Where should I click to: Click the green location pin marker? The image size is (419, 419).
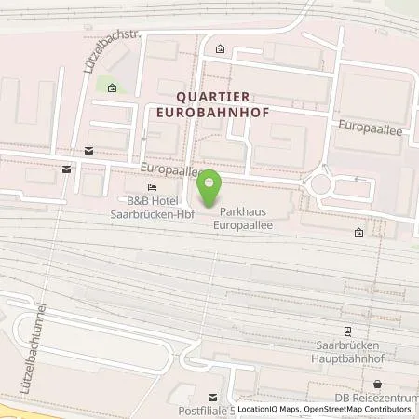point(210,190)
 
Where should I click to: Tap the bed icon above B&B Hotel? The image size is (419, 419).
point(152,186)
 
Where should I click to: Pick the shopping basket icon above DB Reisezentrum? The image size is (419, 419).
point(377,384)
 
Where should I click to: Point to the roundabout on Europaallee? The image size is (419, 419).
point(320,182)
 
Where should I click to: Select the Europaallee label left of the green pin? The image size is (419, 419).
point(169,171)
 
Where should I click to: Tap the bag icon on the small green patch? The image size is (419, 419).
point(112,89)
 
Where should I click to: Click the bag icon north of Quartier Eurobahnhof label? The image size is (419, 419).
point(220,49)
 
